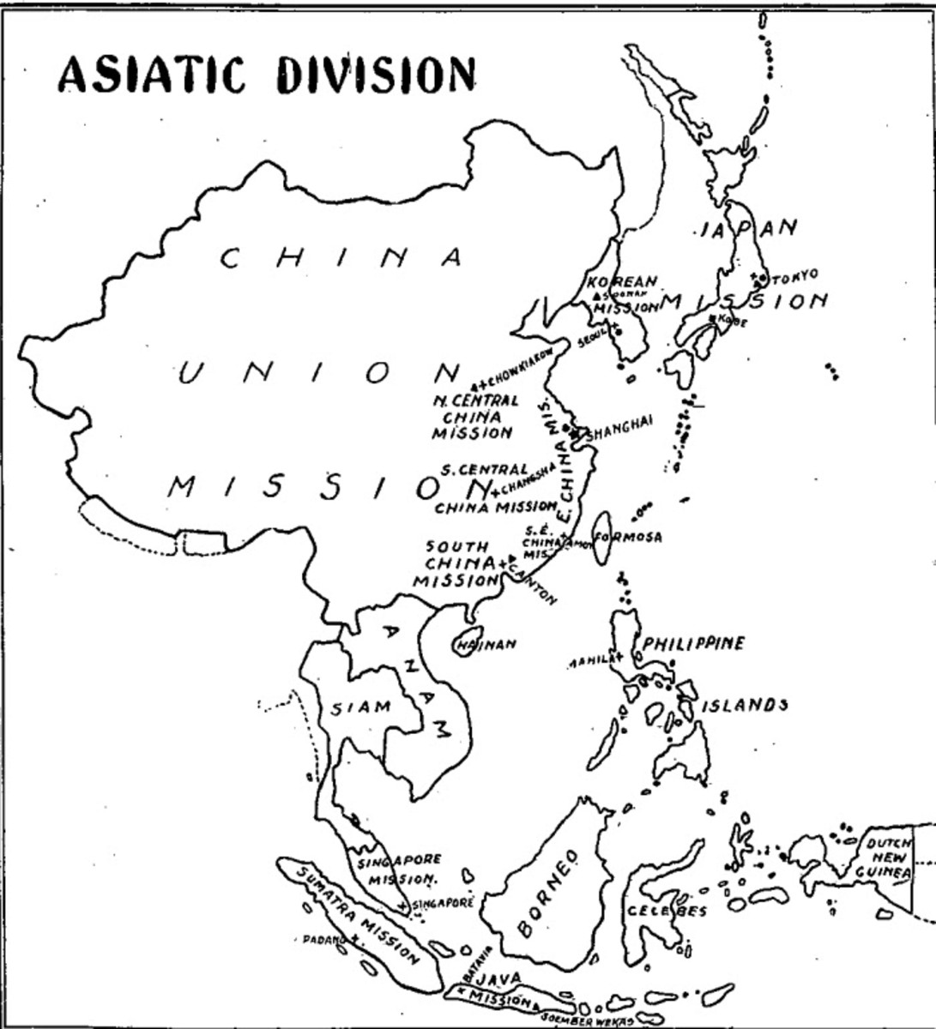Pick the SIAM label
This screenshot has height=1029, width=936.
click(x=361, y=707)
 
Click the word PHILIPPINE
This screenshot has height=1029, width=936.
click(x=694, y=643)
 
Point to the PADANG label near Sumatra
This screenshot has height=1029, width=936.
click(x=323, y=939)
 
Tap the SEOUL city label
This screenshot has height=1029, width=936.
click(x=592, y=339)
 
